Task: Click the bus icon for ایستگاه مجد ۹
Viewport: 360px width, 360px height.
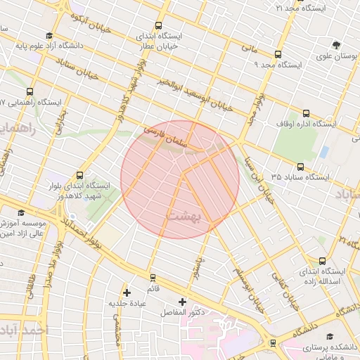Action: tap(278, 54)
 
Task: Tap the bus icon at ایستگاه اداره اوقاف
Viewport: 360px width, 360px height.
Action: tap(306, 112)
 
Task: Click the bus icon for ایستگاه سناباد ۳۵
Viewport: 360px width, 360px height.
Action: tap(300, 167)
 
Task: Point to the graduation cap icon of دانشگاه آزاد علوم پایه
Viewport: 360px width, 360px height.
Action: tap(49, 37)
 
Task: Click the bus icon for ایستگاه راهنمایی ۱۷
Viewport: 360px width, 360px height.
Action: tap(30, 91)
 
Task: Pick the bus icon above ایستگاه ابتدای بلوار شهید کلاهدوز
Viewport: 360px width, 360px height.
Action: tap(79, 175)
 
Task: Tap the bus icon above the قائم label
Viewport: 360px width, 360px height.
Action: tap(153, 278)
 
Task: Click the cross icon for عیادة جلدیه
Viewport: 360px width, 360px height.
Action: tap(127, 292)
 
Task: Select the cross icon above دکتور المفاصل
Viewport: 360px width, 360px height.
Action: tap(182, 301)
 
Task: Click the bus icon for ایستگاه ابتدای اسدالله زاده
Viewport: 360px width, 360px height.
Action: tap(322, 260)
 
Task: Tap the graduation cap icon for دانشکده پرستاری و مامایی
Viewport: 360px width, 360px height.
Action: tap(329, 336)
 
